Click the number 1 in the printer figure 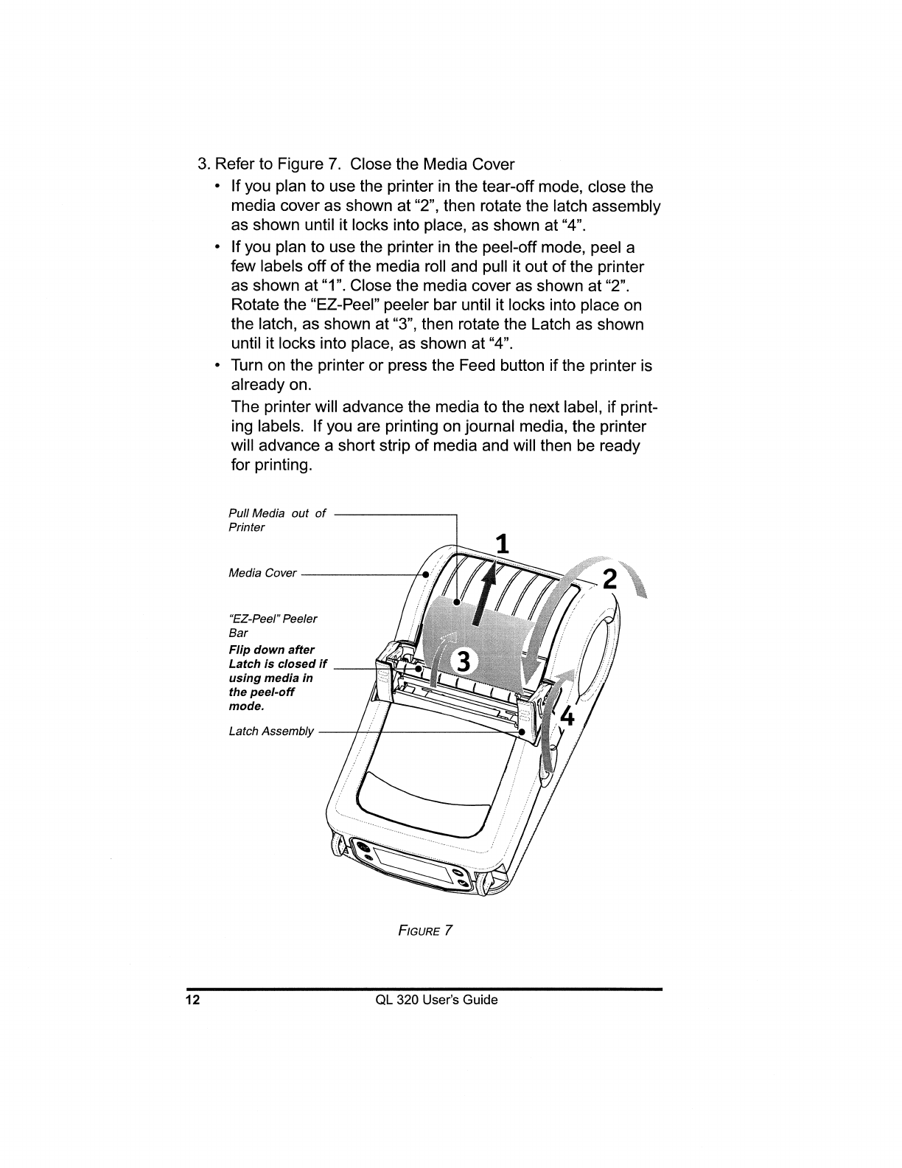tap(502, 543)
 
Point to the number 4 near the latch tap(567, 715)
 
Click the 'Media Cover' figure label tap(262, 573)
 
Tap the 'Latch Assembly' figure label tap(271, 731)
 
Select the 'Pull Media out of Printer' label tap(276, 520)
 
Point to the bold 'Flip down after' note tap(271, 650)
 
